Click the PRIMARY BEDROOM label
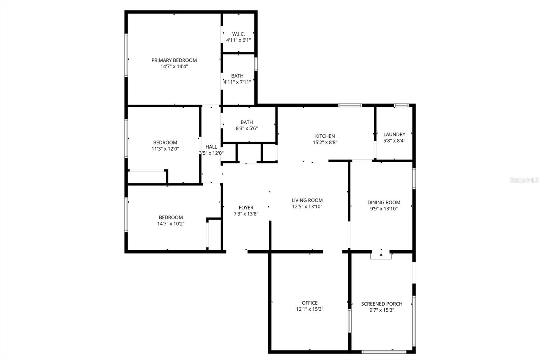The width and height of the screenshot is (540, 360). (174, 60)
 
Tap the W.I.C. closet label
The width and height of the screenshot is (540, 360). (238, 34)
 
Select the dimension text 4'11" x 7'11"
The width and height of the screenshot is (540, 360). (237, 82)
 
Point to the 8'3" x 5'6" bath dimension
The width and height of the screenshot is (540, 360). (247, 128)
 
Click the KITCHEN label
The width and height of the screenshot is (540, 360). (325, 136)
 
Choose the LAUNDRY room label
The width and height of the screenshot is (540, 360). (394, 134)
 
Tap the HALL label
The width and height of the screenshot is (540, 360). (211, 147)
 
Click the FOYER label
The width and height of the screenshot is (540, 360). (246, 208)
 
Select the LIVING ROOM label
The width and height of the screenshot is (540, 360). (307, 200)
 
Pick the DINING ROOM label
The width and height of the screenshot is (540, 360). (384, 203)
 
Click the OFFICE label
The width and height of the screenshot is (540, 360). (309, 303)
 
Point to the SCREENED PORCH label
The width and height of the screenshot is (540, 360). (382, 304)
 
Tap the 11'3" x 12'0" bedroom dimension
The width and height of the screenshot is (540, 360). (165, 149)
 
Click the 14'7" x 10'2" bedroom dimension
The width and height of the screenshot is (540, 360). (171, 224)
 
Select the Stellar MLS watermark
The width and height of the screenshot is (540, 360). (524, 180)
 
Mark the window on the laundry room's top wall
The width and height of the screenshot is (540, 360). (401, 105)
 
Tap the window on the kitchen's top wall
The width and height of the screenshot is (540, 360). (350, 105)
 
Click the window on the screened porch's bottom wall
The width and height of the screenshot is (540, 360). (384, 352)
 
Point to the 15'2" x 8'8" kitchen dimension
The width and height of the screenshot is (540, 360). (325, 143)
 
